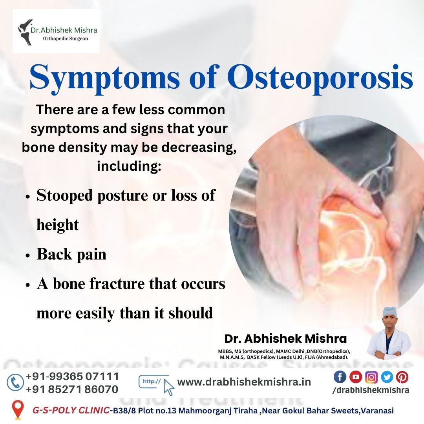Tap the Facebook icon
[340, 377]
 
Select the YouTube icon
[356, 377]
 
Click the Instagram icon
[371, 377]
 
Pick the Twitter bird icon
[387, 377]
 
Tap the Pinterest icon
[402, 377]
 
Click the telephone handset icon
[15, 382]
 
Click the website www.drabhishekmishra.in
[244, 382]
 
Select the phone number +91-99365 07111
[73, 376]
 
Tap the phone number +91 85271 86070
[72, 389]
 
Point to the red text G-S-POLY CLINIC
[71, 411]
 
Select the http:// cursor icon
[157, 385]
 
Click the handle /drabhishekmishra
[371, 390]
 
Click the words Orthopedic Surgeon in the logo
[66, 38]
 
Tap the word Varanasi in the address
[378, 411]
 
